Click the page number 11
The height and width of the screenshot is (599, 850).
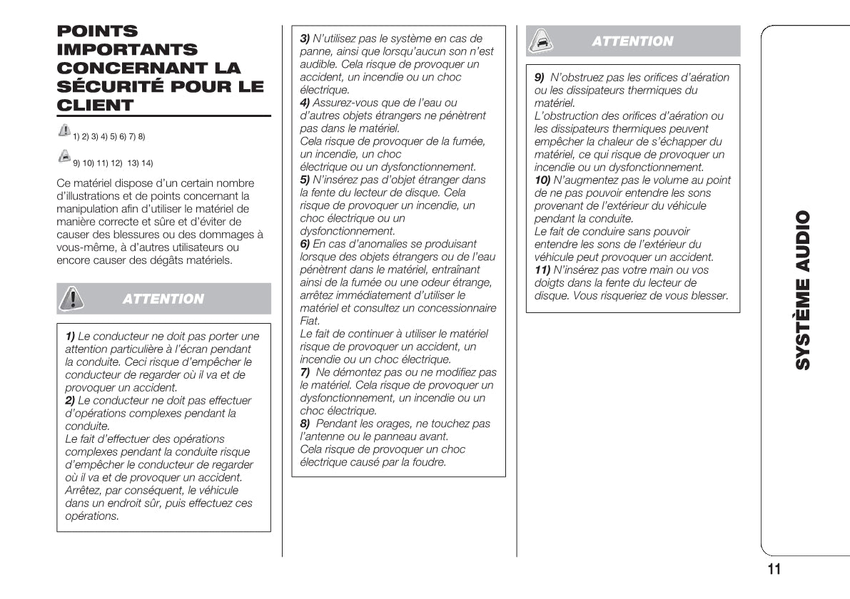click(774, 569)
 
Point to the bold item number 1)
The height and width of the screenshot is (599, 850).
click(70, 337)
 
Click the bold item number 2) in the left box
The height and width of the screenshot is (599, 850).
click(70, 401)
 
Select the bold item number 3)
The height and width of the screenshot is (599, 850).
click(305, 39)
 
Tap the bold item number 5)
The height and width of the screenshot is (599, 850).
click(305, 180)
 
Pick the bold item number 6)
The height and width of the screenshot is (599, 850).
click(305, 244)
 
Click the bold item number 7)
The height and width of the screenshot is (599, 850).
click(305, 372)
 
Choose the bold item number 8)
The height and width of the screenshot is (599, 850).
click(305, 424)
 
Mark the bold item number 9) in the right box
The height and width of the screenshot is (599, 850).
click(540, 77)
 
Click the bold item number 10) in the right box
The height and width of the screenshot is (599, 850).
click(542, 180)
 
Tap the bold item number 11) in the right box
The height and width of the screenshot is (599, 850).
click(542, 270)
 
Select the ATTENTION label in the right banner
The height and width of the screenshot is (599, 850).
click(632, 41)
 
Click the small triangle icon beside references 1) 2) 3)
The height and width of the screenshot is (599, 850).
click(64, 131)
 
